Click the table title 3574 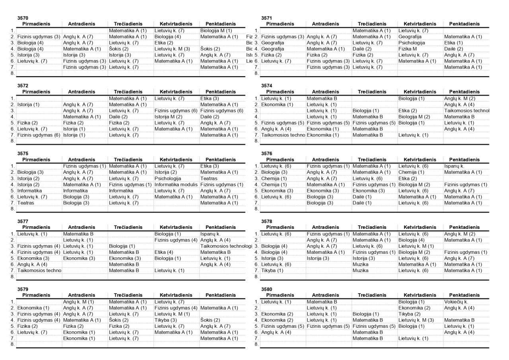coord(266,86)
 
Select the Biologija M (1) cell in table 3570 coord(216,30)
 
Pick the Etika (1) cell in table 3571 coord(453,43)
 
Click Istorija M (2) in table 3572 coord(168,117)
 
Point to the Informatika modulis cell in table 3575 coord(176,185)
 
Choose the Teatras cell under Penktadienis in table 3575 coord(209,179)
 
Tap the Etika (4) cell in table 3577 coord(164,252)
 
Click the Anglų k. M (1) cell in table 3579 coord(78,302)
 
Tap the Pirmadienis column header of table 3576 coord(280,160)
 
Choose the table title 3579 coord(23,289)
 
